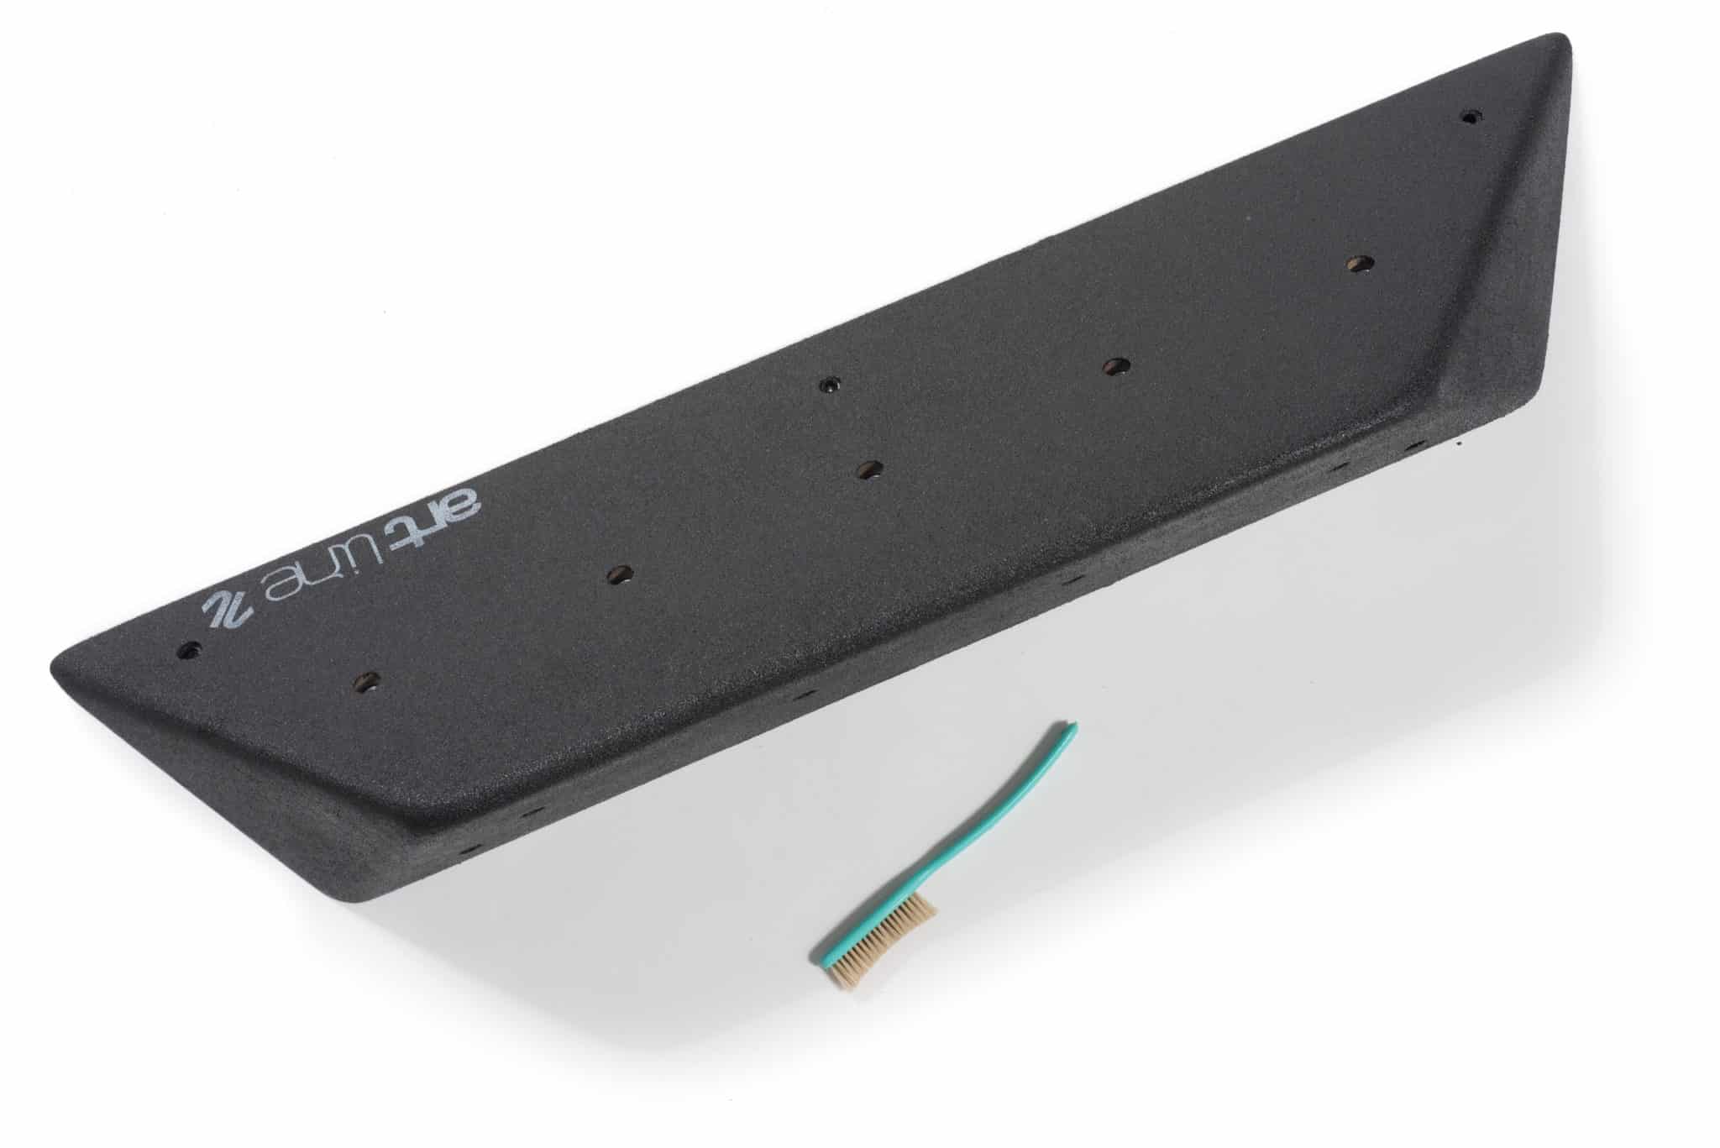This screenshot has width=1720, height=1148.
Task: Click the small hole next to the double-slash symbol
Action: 191,649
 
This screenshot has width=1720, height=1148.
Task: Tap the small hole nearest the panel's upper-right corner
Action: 1469,118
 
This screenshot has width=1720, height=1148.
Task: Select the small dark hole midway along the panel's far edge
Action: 830,385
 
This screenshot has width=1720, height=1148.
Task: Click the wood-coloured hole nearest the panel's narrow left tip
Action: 364,680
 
